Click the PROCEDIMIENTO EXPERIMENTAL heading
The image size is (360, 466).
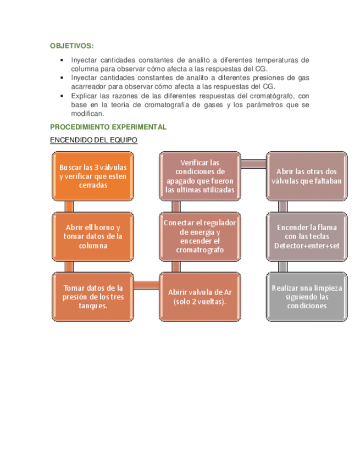pyautogui.click(x=108, y=127)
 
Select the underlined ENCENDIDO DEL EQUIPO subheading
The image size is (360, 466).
pyautogui.click(x=93, y=140)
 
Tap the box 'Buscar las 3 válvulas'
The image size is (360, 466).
pyautogui.click(x=93, y=176)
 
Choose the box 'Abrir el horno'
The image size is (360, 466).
pyautogui.click(x=93, y=236)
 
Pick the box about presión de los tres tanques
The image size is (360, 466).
pyautogui.click(x=93, y=296)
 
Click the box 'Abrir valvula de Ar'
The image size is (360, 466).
pyautogui.click(x=200, y=296)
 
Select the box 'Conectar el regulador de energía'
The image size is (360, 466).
pyautogui.click(x=200, y=236)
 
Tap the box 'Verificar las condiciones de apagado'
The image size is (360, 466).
pyautogui.click(x=200, y=176)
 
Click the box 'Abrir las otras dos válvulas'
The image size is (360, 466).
pyautogui.click(x=307, y=176)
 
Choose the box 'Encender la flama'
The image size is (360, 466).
pyautogui.click(x=307, y=236)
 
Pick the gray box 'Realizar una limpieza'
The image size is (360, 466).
pyautogui.click(x=307, y=296)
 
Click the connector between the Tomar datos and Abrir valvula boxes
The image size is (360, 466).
pyautogui.click(x=146, y=284)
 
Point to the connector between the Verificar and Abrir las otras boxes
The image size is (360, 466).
pyautogui.click(x=253, y=164)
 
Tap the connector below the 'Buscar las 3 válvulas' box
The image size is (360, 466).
pyautogui.click(x=69, y=206)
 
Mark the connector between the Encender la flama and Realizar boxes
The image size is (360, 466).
pyautogui.click(x=283, y=267)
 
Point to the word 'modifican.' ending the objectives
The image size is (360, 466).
pyautogui.click(x=87, y=113)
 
